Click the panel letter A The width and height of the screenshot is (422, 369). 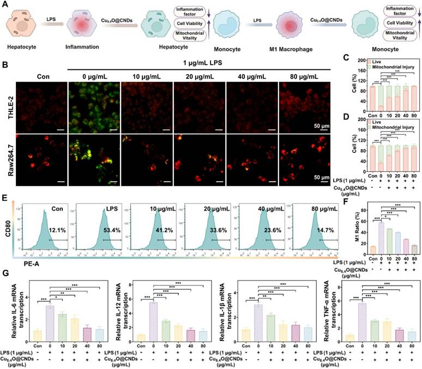tap(4, 5)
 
